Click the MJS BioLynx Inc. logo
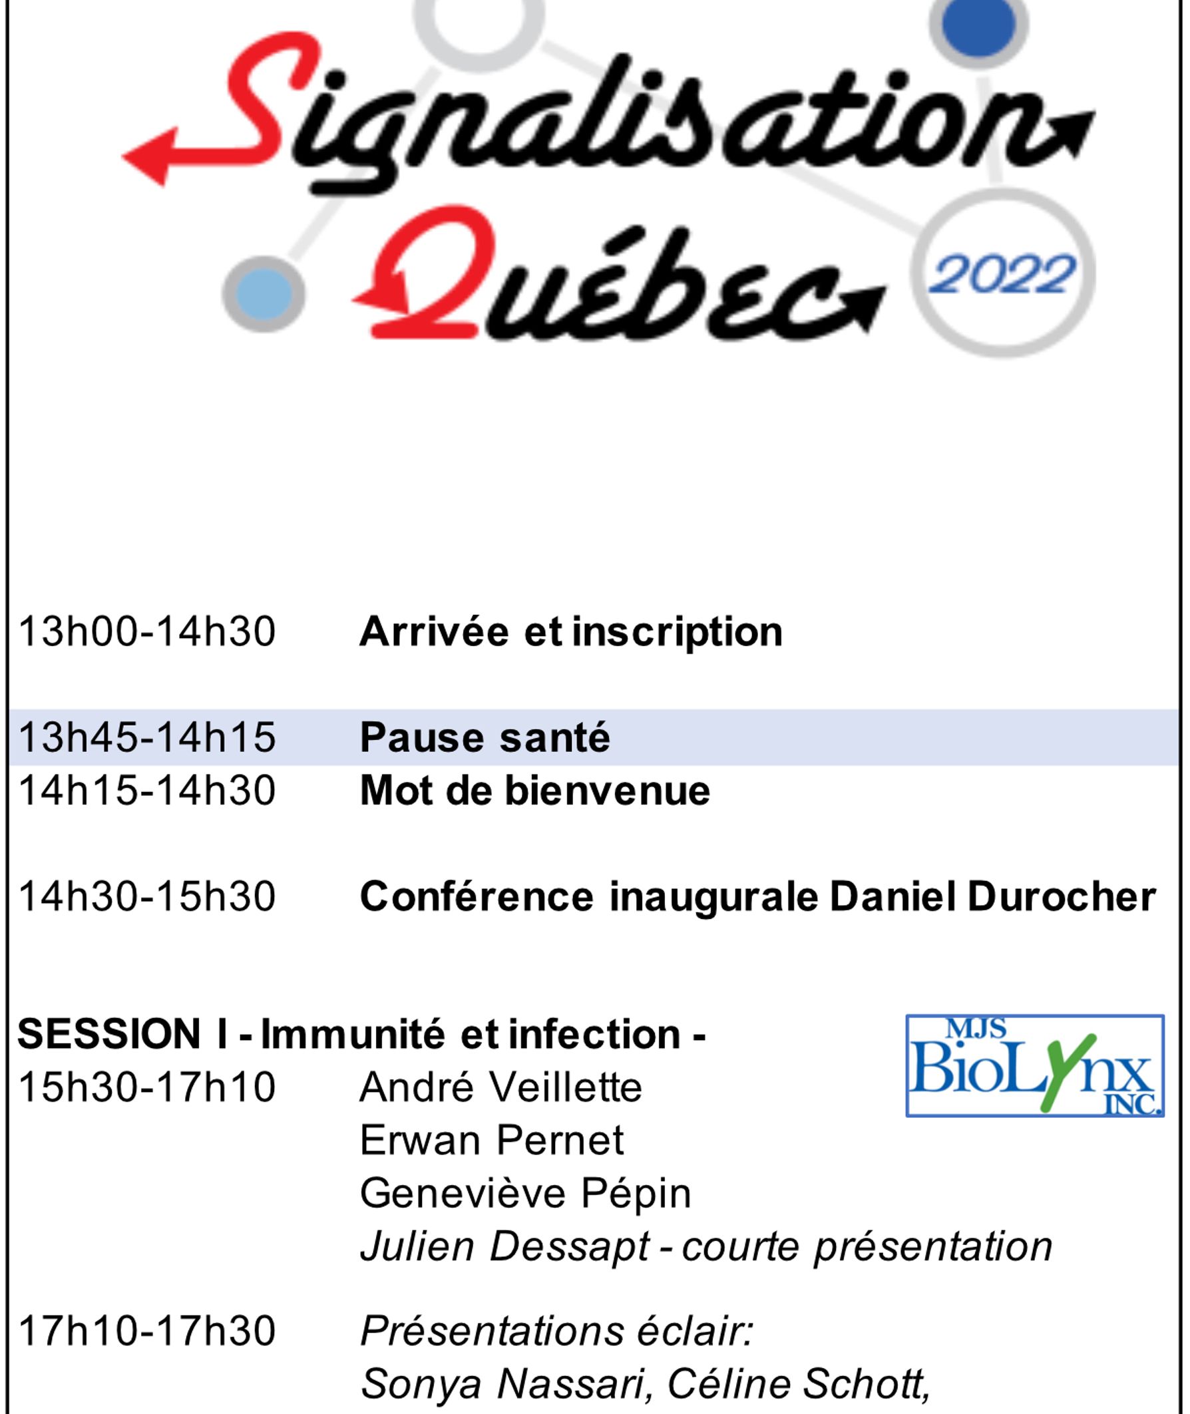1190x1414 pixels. coord(1035,1066)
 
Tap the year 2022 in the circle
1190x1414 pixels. coord(1001,274)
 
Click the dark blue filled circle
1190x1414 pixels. coord(978,24)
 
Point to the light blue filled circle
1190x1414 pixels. coord(264,294)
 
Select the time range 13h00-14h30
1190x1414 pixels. coord(147,632)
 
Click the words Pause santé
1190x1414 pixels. coord(485,737)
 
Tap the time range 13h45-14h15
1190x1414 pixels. coord(147,737)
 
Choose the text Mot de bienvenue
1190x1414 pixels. coord(535,791)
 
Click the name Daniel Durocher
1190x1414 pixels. coord(993,896)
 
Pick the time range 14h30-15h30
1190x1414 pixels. coord(147,896)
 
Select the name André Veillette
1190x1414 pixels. coord(500,1087)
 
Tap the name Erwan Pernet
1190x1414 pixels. coord(492,1141)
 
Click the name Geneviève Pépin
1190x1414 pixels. coord(526,1194)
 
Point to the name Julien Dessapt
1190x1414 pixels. coord(505,1247)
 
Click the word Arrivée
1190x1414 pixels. coord(434,632)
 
